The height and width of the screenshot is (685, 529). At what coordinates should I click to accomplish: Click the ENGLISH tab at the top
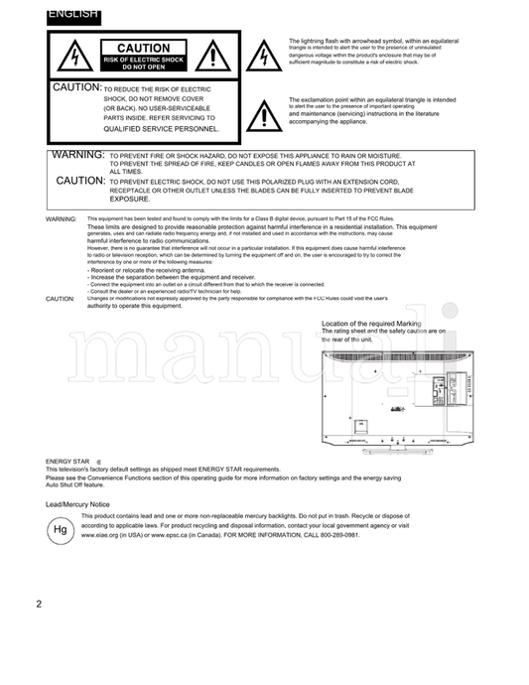[x=71, y=14]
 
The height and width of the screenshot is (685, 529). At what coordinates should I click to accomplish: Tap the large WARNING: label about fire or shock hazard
[x=77, y=156]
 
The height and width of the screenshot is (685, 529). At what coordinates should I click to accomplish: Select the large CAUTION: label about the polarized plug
[x=80, y=181]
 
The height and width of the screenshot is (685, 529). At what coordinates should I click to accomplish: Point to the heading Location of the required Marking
[x=371, y=324]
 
